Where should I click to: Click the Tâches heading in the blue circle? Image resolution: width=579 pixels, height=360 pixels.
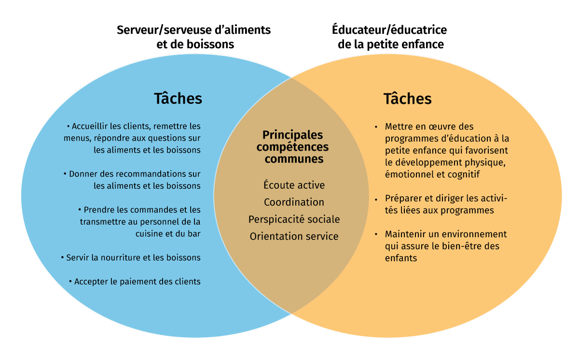[178, 98]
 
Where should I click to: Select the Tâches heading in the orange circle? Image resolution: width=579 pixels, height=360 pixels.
[407, 98]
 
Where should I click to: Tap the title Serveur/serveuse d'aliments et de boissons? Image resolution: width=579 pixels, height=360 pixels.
[193, 37]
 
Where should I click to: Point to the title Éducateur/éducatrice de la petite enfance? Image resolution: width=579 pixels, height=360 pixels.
[389, 37]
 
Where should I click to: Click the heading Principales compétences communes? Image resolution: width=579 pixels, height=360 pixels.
[292, 147]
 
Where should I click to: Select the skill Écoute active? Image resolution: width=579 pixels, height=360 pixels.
[294, 185]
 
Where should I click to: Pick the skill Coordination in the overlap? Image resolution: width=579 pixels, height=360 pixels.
[294, 202]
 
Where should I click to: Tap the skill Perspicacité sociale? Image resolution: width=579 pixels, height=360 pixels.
[294, 219]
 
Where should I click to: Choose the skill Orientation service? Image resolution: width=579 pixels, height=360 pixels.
[294, 236]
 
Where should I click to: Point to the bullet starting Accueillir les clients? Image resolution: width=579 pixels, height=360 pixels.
[137, 138]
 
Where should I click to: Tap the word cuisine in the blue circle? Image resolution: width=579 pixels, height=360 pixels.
[148, 234]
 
